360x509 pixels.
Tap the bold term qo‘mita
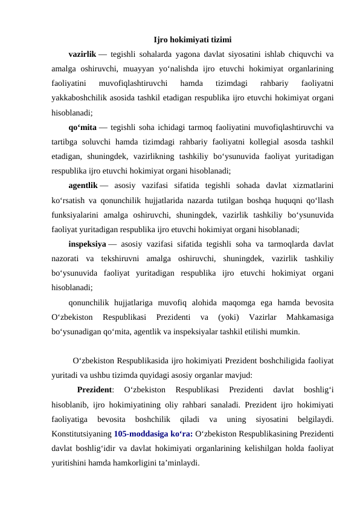(83, 127)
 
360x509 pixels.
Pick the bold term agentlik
(83, 186)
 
